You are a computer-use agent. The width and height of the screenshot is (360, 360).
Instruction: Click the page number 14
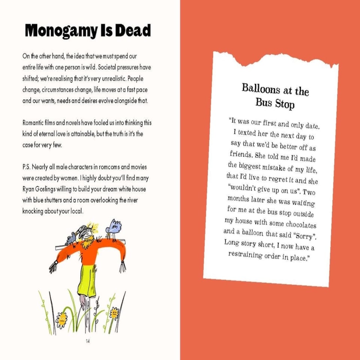point(88,340)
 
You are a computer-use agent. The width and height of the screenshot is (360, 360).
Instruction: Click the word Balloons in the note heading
point(261,88)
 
